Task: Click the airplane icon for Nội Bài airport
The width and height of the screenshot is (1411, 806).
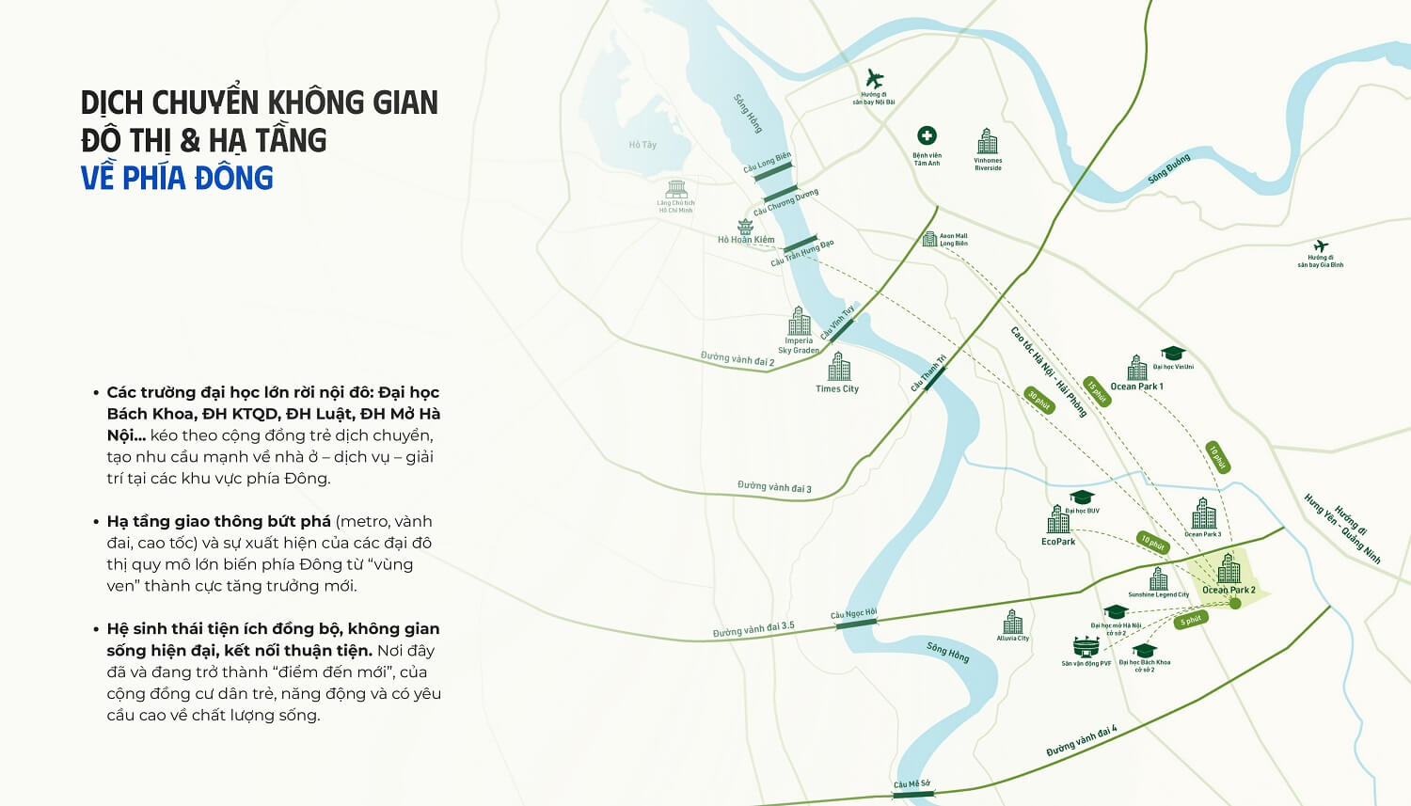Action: click(875, 78)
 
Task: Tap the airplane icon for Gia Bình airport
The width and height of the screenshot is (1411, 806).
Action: click(1321, 246)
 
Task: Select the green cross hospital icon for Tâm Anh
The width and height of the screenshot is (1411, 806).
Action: click(927, 136)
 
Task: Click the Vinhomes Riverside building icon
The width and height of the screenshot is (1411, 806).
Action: click(988, 141)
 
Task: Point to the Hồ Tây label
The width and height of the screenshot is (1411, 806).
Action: click(642, 145)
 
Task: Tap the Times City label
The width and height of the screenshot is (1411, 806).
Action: click(837, 388)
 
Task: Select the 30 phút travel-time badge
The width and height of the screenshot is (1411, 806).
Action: click(1038, 400)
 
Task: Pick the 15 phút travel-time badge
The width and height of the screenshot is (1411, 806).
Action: click(1097, 391)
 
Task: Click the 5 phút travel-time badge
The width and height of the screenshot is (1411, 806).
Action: click(1192, 621)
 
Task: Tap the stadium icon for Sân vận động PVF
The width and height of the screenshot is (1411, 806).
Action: click(1086, 647)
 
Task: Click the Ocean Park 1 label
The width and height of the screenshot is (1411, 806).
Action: click(1136, 387)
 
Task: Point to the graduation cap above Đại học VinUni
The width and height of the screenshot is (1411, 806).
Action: click(1172, 354)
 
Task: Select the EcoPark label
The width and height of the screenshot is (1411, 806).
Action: click(1058, 542)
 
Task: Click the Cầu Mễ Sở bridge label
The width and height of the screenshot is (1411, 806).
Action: click(912, 784)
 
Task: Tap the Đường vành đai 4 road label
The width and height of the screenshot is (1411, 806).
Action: click(1082, 741)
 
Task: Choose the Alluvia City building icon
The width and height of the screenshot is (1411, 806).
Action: click(1013, 622)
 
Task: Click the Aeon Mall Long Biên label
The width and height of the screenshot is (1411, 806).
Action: click(953, 240)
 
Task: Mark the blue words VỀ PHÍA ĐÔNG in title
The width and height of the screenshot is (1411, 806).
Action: click(177, 178)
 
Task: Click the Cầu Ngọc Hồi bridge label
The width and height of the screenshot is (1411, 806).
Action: click(853, 614)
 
